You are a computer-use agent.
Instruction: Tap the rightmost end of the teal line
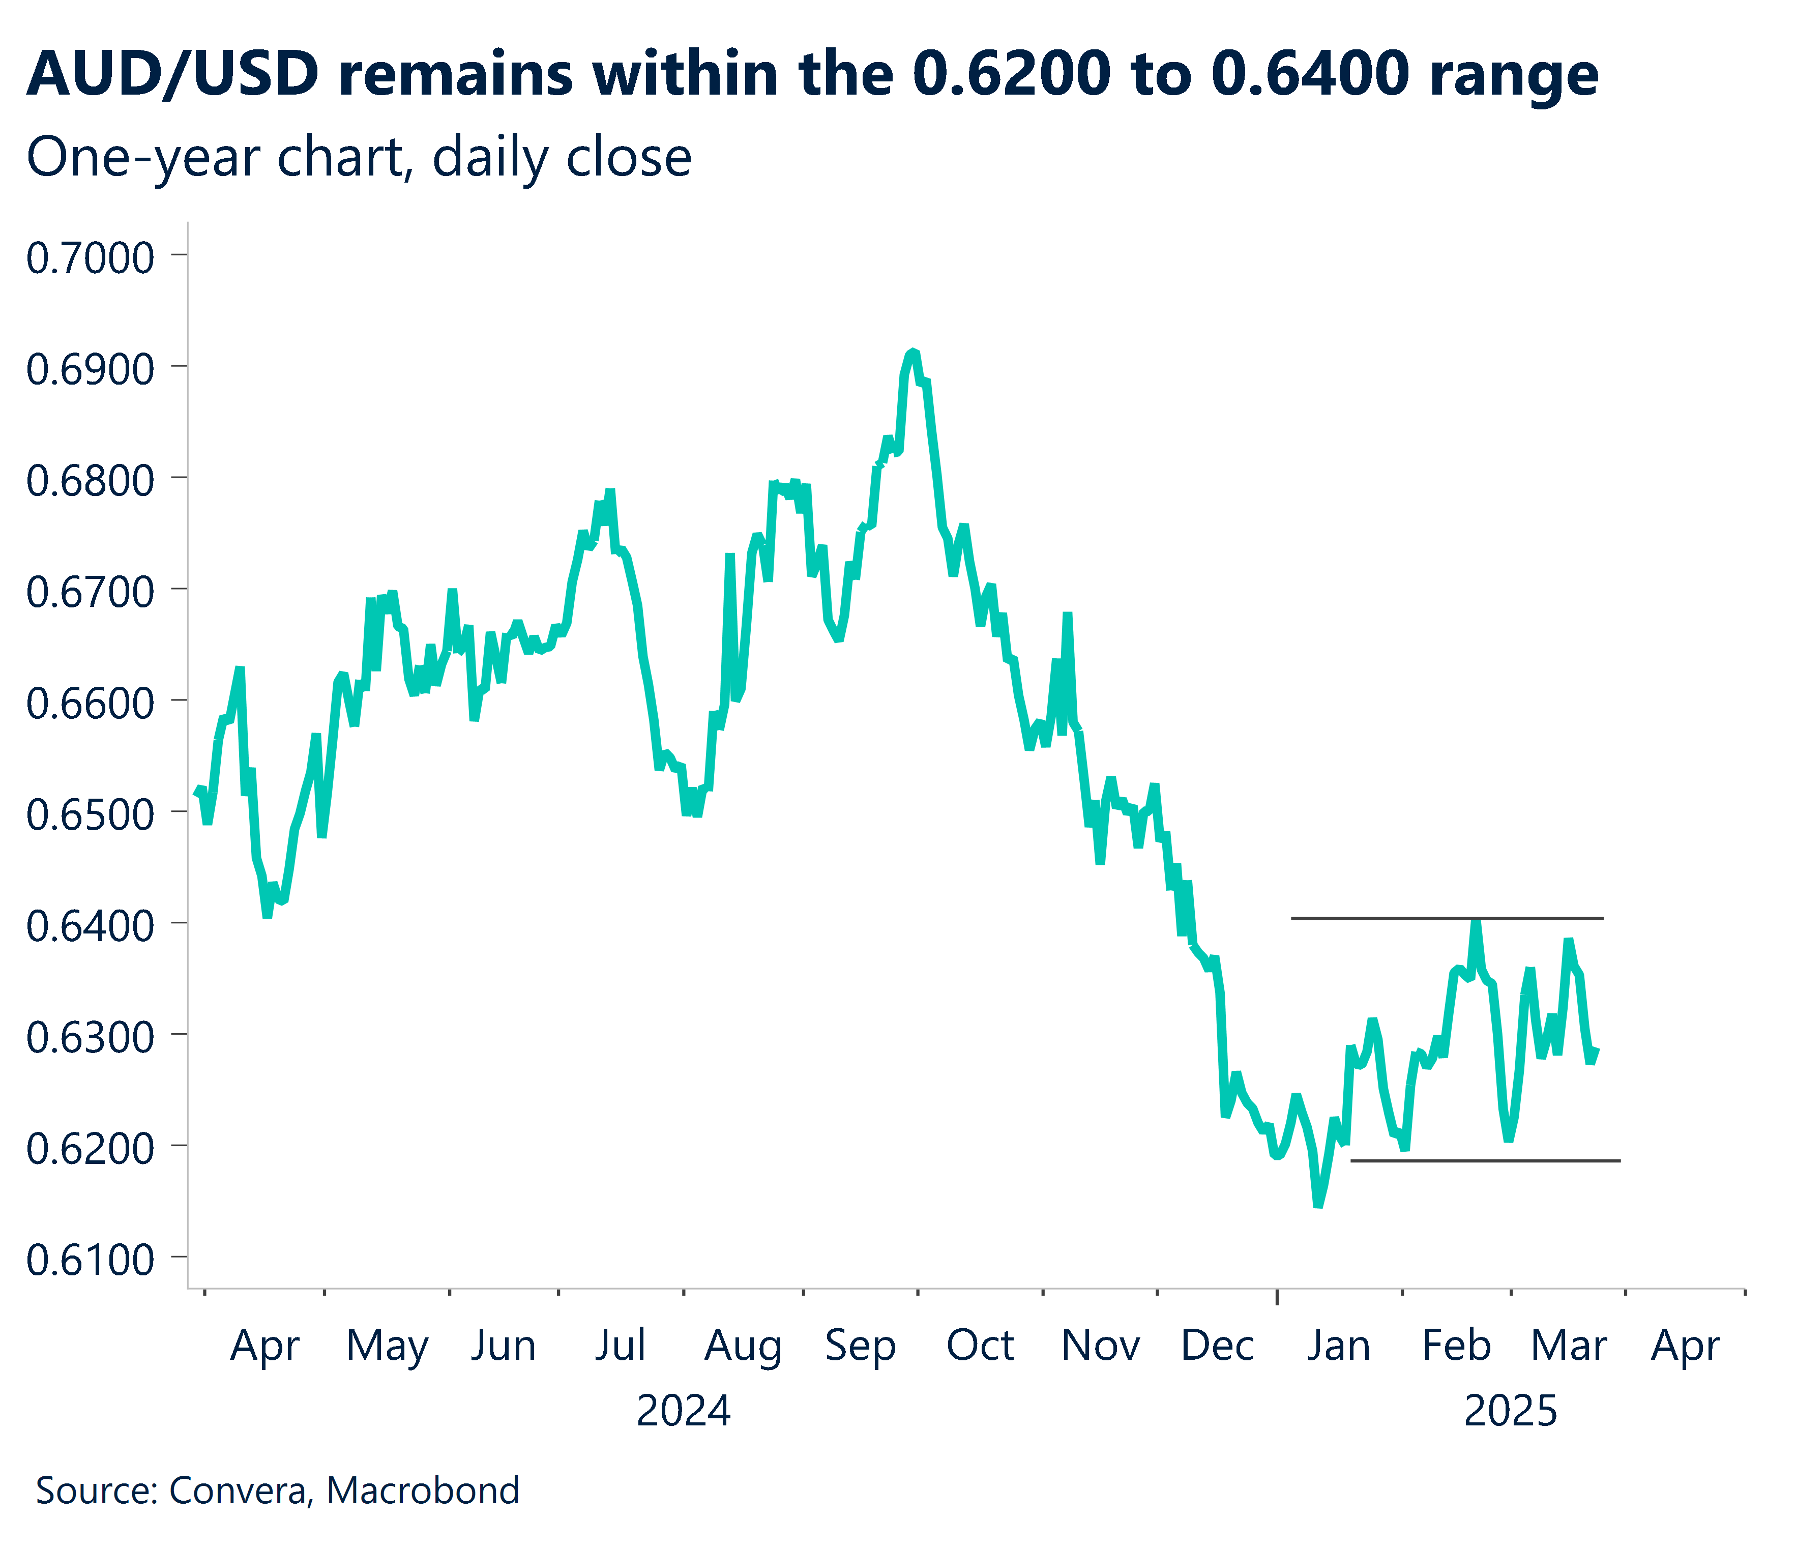(x=1598, y=1049)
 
